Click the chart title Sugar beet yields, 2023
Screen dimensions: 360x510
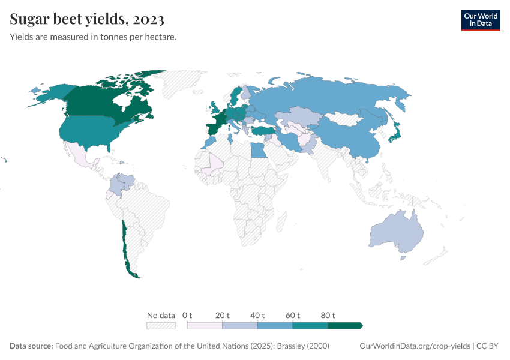click(x=87, y=19)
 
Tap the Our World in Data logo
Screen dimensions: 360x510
click(x=480, y=19)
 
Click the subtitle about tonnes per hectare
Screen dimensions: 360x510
click(x=92, y=37)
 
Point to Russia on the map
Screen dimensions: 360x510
click(x=336, y=96)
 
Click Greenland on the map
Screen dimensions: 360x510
click(x=186, y=84)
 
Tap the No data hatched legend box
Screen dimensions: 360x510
click(x=161, y=325)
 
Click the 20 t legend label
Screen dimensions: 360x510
click(x=223, y=315)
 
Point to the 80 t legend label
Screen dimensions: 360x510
click(x=328, y=315)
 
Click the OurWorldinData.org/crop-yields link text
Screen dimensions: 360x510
click(x=415, y=346)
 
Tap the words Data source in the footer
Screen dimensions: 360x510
click(x=31, y=346)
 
